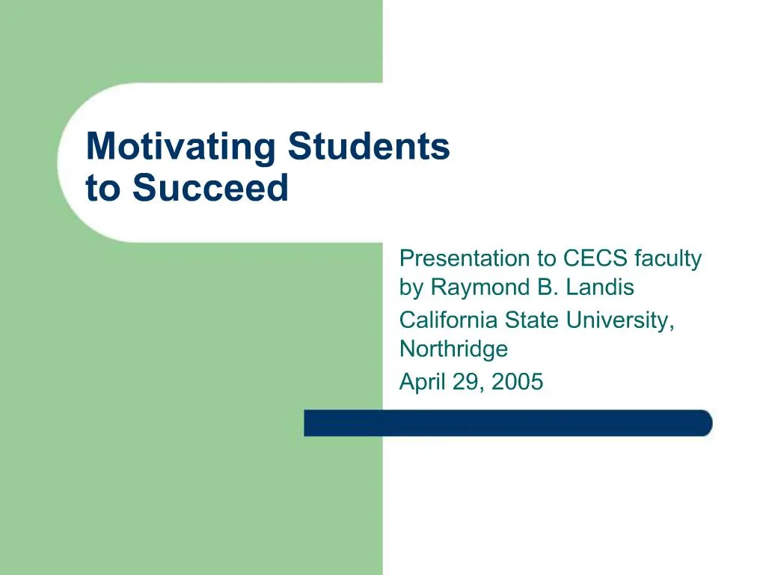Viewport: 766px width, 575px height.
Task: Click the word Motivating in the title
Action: [181, 147]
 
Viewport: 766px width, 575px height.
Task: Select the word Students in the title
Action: [369, 147]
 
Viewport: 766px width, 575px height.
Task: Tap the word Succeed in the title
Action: [210, 188]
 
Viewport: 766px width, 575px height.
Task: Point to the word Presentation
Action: [464, 259]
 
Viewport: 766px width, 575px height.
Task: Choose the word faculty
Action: [668, 259]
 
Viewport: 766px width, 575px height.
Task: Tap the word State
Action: [532, 320]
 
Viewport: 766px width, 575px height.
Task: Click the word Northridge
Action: [453, 349]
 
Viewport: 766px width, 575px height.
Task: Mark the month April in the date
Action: [420, 383]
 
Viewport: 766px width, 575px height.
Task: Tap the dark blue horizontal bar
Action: [508, 423]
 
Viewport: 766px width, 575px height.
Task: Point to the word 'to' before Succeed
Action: [103, 188]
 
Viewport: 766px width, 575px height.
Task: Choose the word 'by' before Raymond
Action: [412, 287]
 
